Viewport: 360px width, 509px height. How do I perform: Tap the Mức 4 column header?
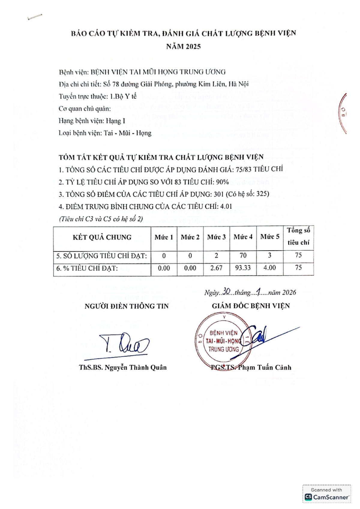pos(243,237)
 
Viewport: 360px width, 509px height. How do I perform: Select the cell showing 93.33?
pos(243,268)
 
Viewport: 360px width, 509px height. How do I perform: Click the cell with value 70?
pos(243,255)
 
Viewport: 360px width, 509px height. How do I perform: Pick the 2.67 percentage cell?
pos(216,268)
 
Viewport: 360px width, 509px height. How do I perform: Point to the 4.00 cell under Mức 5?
pos(269,268)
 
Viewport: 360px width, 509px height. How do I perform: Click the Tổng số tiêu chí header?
pos(298,237)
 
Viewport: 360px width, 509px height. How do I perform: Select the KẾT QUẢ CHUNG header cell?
pos(102,237)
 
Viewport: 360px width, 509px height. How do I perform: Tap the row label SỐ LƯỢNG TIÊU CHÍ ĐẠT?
pos(102,256)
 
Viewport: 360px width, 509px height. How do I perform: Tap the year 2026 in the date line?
pos(288,293)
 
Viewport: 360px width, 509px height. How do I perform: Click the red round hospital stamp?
pos(223,341)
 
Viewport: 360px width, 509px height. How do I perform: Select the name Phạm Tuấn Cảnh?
pos(264,368)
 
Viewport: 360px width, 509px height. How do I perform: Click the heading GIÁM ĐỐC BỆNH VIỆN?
pos(251,306)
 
